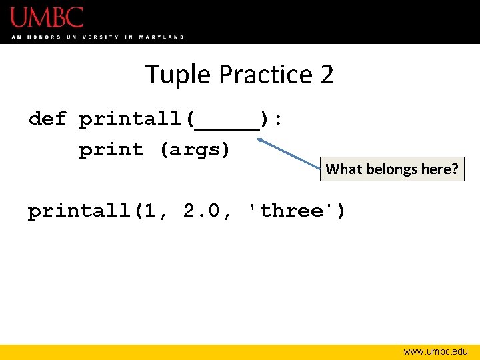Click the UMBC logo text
click(x=47, y=17)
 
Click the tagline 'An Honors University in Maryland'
click(x=97, y=37)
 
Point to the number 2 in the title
click(x=327, y=75)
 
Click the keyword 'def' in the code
click(x=48, y=119)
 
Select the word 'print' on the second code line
click(x=111, y=150)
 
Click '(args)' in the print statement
click(x=195, y=150)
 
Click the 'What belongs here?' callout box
click(x=392, y=169)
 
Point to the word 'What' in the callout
click(x=343, y=169)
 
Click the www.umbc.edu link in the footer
click(x=435, y=351)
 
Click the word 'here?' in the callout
click(x=441, y=169)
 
